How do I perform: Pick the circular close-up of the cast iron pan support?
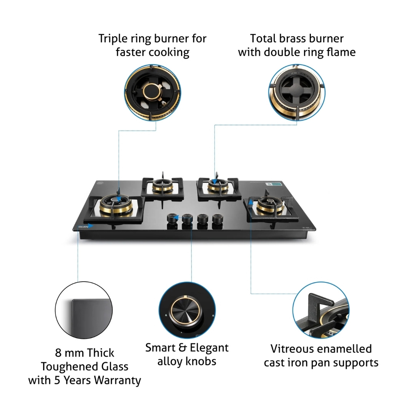tap(320, 310)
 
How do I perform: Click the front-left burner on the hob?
tap(117, 206)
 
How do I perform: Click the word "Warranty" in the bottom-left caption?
tap(119, 380)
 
